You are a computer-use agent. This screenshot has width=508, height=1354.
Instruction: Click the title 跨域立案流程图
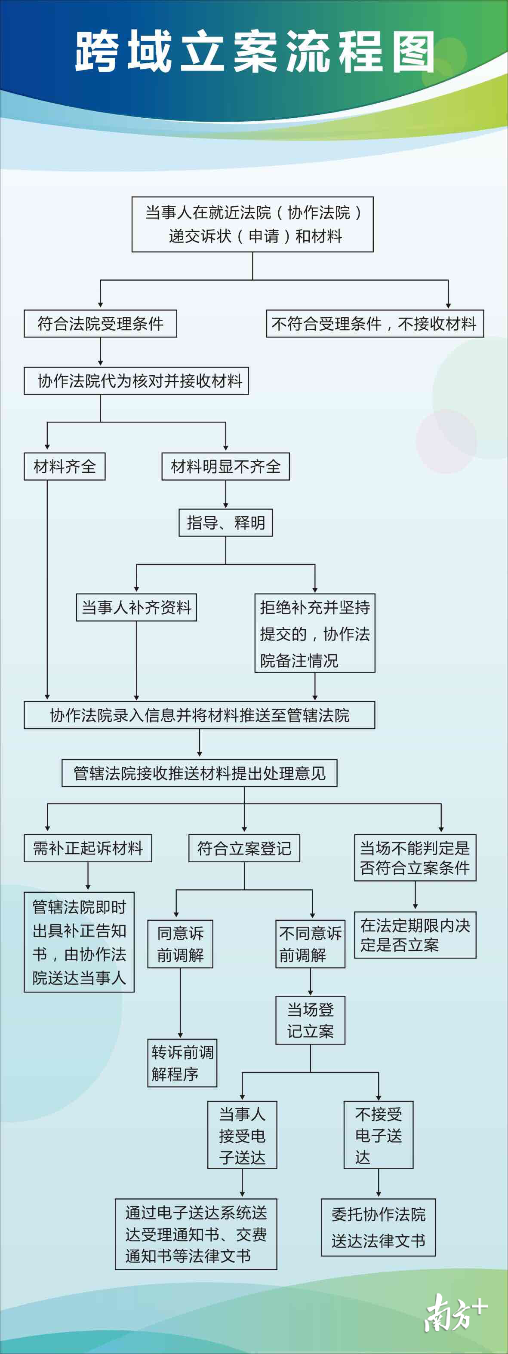[255, 52]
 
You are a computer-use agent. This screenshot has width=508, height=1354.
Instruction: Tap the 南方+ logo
[456, 1312]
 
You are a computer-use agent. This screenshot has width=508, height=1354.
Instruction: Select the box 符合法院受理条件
[100, 323]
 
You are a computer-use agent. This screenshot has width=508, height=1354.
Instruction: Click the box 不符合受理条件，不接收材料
[374, 323]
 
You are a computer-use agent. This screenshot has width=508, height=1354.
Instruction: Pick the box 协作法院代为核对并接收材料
[136, 380]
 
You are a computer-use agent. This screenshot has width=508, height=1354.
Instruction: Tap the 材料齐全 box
[65, 466]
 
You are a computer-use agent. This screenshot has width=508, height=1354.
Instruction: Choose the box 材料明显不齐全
[225, 466]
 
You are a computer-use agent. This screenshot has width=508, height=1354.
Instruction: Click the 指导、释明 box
[225, 522]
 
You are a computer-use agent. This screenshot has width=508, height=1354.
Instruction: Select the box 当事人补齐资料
[136, 608]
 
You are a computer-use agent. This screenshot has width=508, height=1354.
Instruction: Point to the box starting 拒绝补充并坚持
[314, 633]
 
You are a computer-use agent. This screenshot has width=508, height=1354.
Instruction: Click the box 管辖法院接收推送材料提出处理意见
[199, 773]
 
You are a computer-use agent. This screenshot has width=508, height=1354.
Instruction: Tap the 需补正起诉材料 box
[88, 848]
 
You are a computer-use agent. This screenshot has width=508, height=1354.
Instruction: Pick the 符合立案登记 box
[244, 848]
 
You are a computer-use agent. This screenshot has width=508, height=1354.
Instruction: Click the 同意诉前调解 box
[180, 944]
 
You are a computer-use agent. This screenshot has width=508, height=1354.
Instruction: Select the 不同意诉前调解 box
[310, 944]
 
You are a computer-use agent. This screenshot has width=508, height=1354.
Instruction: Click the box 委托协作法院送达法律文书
[378, 1227]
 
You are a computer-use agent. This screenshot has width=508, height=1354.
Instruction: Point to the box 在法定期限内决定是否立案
[415, 934]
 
